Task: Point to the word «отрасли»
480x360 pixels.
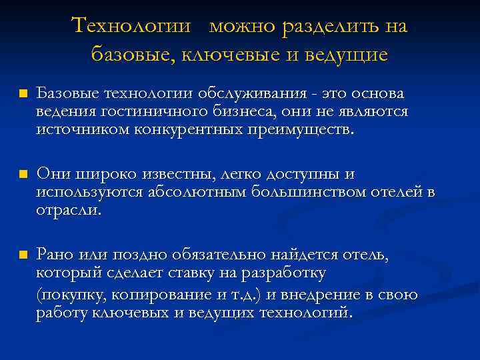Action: click(x=69, y=210)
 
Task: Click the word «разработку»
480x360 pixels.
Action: click(x=287, y=273)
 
